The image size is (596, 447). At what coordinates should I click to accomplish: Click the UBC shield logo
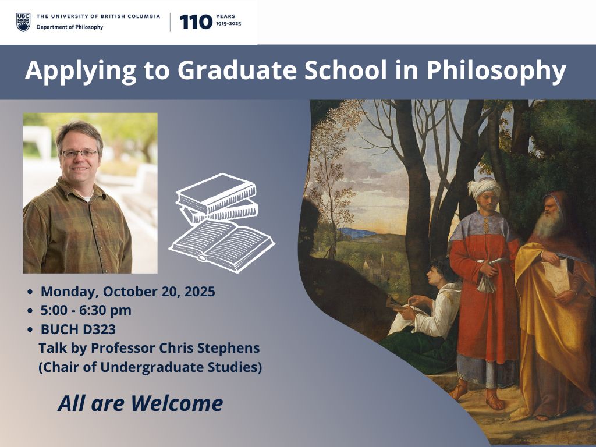(x=23, y=22)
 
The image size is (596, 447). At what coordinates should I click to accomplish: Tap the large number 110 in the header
(x=196, y=22)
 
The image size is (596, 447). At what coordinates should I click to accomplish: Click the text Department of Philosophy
(x=70, y=27)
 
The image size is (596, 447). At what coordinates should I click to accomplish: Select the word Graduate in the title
(x=236, y=70)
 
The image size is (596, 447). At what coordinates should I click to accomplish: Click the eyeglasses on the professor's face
(x=80, y=154)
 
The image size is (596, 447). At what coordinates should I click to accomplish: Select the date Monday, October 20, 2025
(x=127, y=292)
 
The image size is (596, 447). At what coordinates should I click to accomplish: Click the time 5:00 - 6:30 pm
(x=86, y=310)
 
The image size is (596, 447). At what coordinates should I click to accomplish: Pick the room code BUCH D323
(x=78, y=329)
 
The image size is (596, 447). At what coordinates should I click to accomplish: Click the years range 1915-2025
(x=228, y=24)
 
